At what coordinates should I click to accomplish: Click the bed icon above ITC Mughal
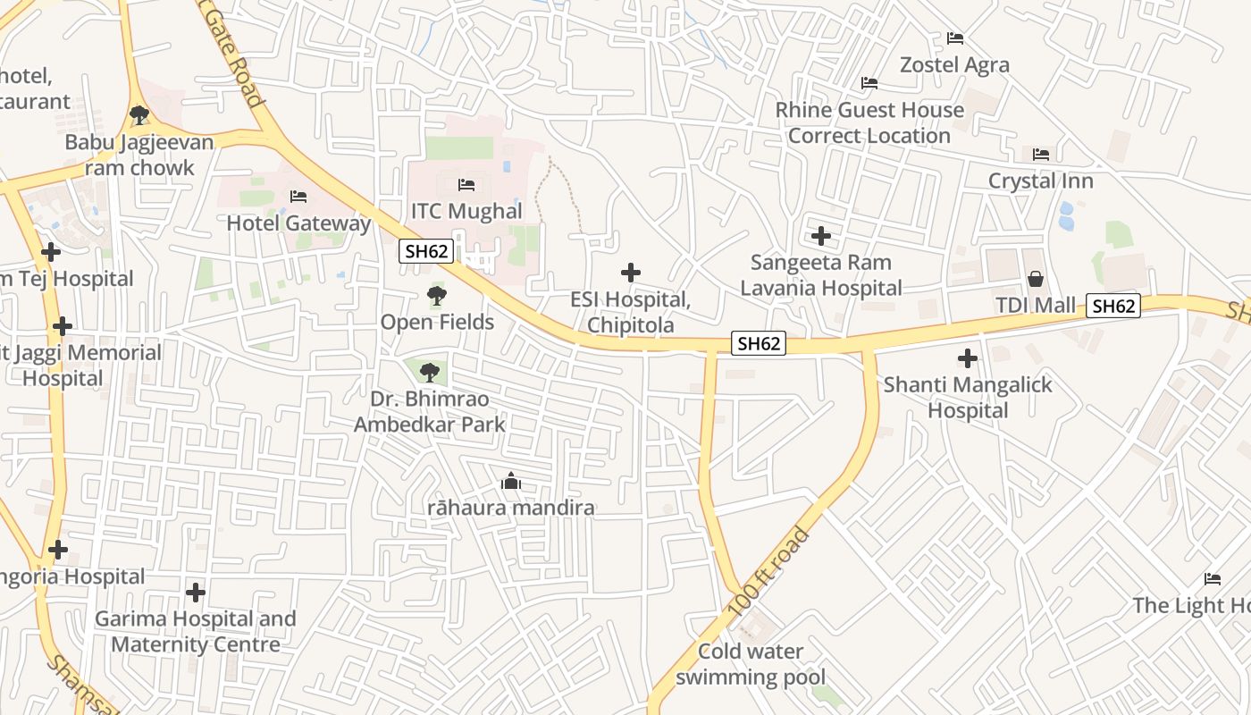click(466, 185)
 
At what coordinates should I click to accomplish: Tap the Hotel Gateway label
click(298, 223)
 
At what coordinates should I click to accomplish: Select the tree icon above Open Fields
click(436, 295)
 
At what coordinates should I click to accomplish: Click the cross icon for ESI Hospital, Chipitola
click(631, 273)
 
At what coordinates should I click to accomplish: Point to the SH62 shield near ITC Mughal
click(426, 251)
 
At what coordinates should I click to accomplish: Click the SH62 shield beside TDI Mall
click(1113, 306)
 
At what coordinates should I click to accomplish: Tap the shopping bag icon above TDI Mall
click(1036, 279)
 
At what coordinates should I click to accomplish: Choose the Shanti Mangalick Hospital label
click(968, 398)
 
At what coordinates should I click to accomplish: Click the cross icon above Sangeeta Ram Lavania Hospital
click(821, 236)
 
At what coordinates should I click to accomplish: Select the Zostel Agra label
click(954, 64)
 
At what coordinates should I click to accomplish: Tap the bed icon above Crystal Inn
click(1041, 155)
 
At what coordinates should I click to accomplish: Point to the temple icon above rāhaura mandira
click(511, 482)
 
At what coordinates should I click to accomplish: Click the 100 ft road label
click(768, 571)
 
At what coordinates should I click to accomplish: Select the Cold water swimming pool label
click(751, 664)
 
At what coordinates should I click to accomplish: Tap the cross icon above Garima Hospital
click(196, 592)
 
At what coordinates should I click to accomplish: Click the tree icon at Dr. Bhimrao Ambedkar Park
click(430, 371)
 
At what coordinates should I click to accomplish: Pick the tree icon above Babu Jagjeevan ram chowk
click(139, 114)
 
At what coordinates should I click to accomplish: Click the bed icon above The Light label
click(1213, 579)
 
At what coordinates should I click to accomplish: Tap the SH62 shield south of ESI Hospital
click(759, 343)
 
